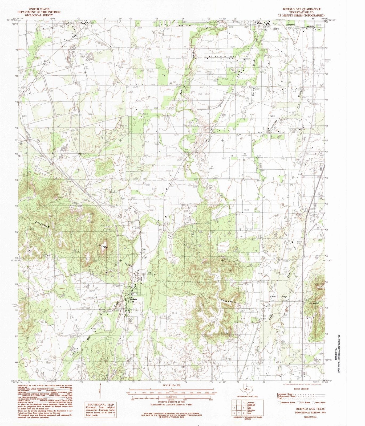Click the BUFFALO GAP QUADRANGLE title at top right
point(302,9)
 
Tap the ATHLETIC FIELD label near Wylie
point(242,23)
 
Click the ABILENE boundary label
point(275,28)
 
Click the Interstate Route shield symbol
point(279,403)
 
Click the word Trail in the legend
point(280,398)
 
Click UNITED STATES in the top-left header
point(39,9)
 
